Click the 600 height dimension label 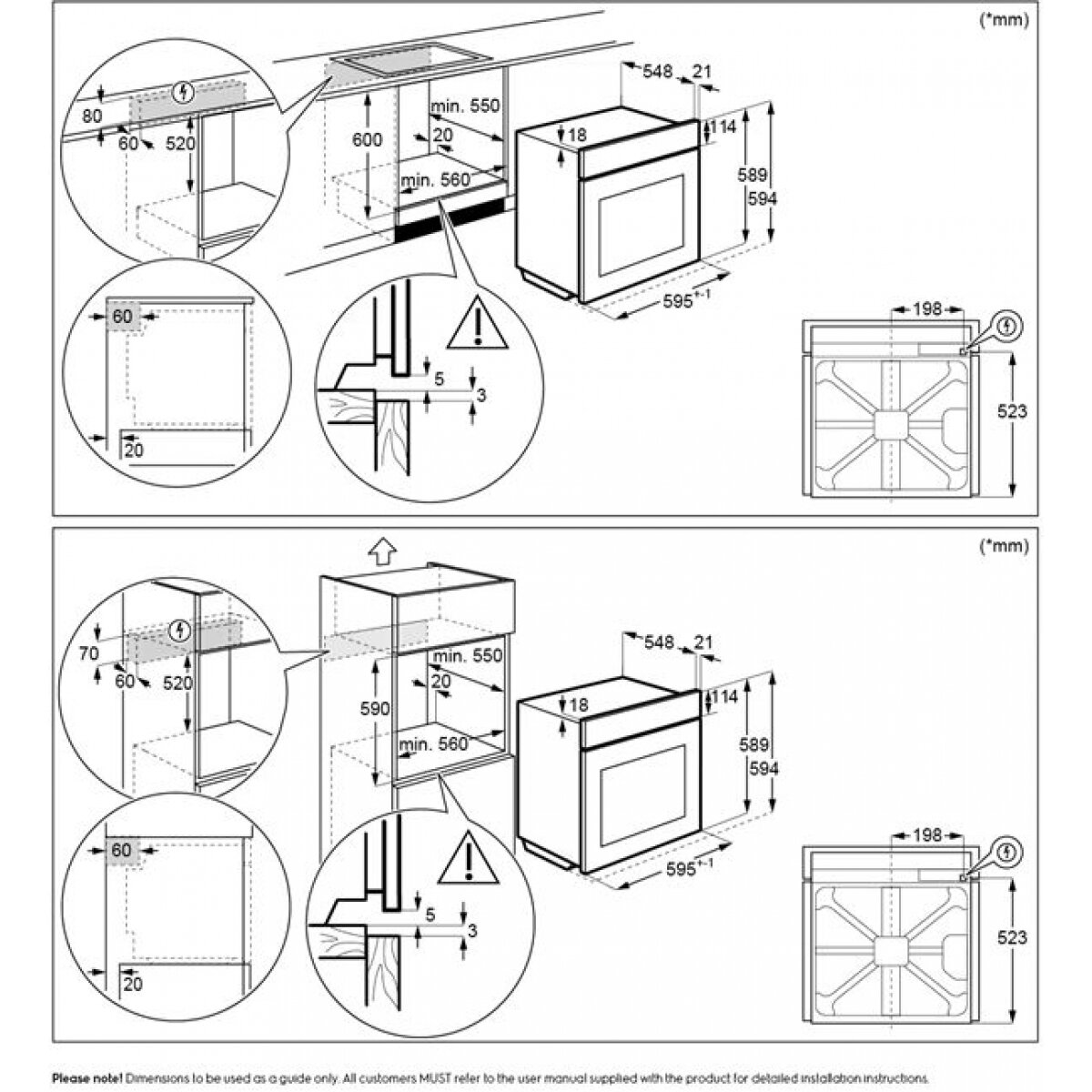pyautogui.click(x=368, y=140)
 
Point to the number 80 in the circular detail pyautogui.click(x=92, y=116)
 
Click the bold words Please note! pyautogui.click(x=87, y=1077)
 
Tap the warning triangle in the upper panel pyautogui.click(x=477, y=325)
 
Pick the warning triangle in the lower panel pyautogui.click(x=468, y=859)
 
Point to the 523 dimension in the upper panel pyautogui.click(x=1012, y=411)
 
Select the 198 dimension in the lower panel pyautogui.click(x=926, y=834)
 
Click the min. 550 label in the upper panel pyautogui.click(x=466, y=106)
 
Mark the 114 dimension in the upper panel pyautogui.click(x=722, y=127)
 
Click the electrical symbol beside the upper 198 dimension pyautogui.click(x=1007, y=324)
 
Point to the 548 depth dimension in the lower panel pyautogui.click(x=657, y=642)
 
